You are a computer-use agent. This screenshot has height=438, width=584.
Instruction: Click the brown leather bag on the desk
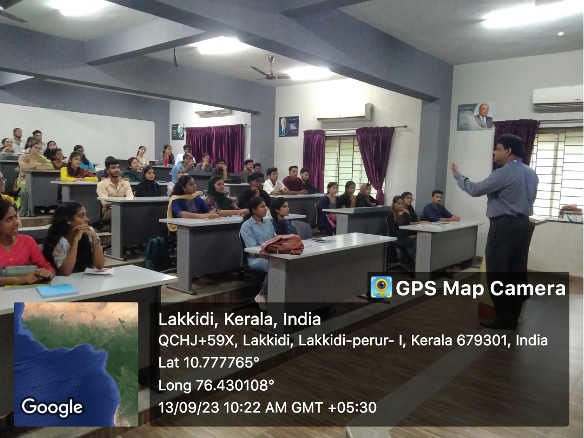[283, 244]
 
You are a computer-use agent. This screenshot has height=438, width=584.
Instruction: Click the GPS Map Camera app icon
[381, 287]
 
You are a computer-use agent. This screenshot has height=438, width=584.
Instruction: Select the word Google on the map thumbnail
[52, 407]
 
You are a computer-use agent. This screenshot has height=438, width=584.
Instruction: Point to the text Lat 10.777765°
[208, 362]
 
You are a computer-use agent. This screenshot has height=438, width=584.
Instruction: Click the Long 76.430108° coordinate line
[216, 385]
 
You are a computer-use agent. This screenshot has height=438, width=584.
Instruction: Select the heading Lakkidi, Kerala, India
[239, 319]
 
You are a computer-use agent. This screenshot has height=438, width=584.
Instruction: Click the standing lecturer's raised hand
[455, 168]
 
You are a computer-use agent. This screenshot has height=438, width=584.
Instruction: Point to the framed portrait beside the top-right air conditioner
[476, 117]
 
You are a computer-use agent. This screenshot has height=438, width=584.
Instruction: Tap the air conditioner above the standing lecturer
[557, 99]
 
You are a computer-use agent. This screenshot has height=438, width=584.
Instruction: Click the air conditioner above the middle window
[344, 113]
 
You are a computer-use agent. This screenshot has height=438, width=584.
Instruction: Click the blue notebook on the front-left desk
[57, 291]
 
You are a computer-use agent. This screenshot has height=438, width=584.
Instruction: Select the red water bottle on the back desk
[166, 160]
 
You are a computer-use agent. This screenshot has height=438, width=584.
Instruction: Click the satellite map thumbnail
[76, 364]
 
